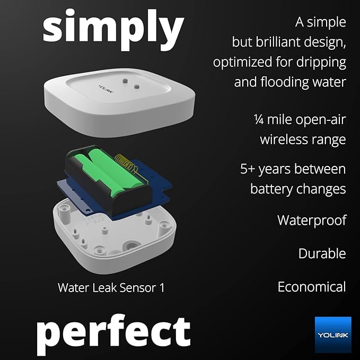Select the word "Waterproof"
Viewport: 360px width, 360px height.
click(311, 220)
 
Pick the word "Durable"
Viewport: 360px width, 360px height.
click(322, 253)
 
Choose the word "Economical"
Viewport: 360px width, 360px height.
click(311, 287)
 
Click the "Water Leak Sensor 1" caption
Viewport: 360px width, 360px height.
click(111, 288)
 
